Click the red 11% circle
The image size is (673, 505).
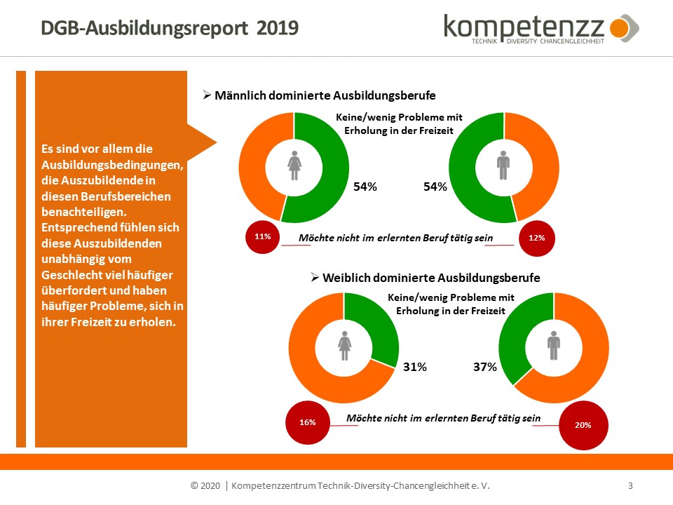pos(263,237)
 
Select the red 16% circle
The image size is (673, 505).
pos(308,422)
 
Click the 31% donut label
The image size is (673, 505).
pos(415,367)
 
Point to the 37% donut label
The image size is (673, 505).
pos(484,367)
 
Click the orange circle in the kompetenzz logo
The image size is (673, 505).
pos(619,29)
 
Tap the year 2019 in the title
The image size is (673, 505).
pos(278,27)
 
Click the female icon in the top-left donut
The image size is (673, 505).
pos(294,166)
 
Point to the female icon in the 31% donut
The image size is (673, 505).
pos(344,345)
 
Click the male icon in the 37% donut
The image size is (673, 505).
pos(554,345)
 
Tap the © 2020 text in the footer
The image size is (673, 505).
pos(206,485)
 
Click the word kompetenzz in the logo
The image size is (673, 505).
pos(524,27)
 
